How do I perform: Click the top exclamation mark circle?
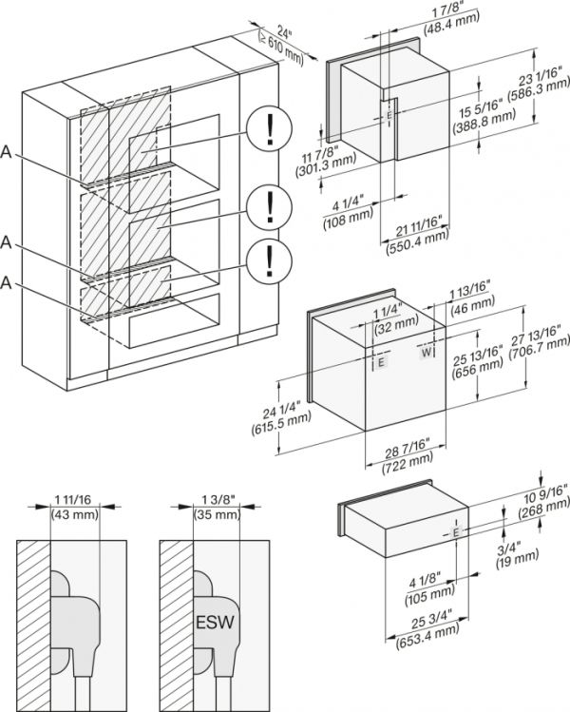270,128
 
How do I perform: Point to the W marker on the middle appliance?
427,352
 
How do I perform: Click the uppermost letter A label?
8,151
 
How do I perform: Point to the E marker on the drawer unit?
457,533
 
